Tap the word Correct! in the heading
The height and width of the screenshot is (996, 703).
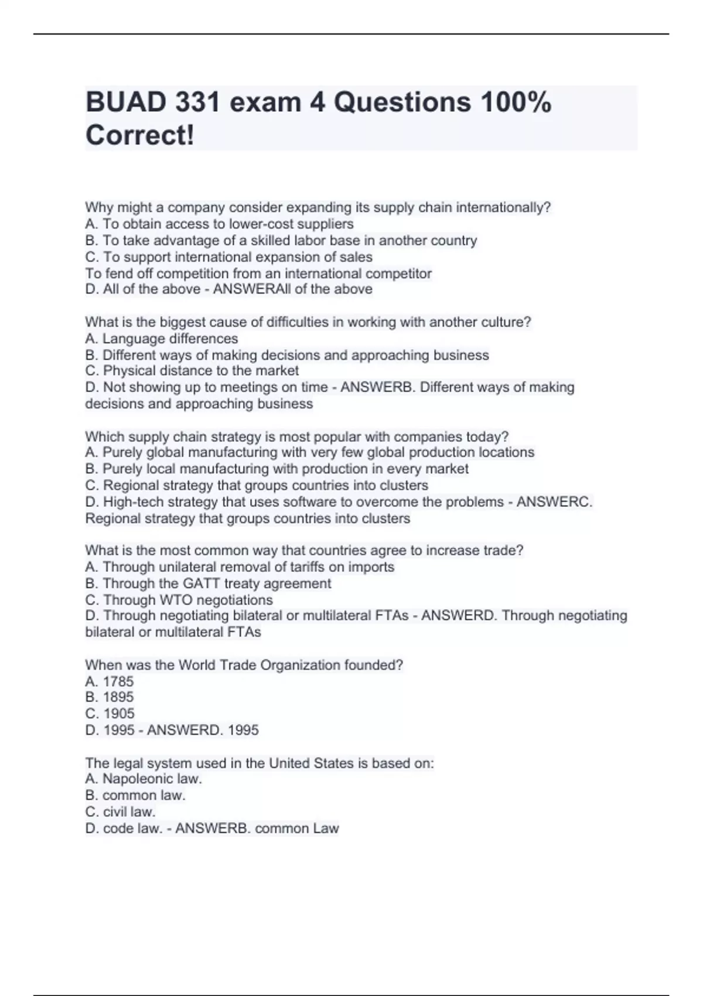tap(139, 135)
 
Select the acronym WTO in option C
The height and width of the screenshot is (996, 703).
tap(177, 600)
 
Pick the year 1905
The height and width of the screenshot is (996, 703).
tap(118, 714)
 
